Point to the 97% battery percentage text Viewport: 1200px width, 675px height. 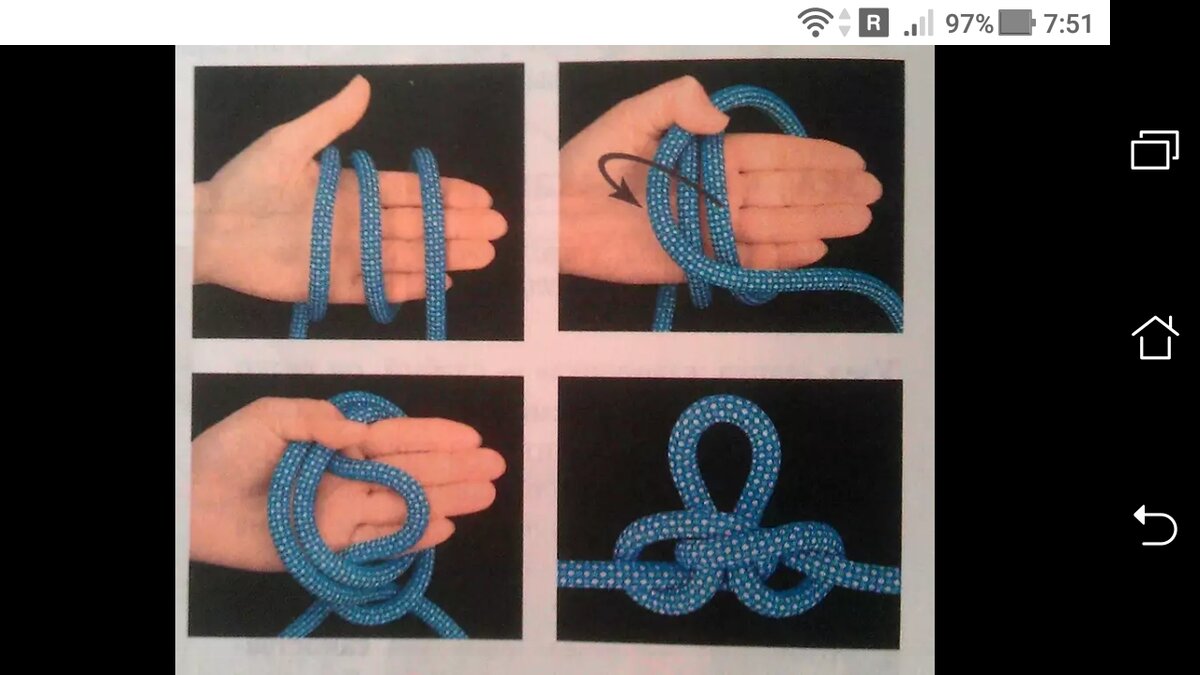coord(969,24)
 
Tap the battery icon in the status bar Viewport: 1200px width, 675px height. coord(1017,24)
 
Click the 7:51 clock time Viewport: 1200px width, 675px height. coord(1068,24)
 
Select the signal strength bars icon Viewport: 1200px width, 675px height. coord(918,24)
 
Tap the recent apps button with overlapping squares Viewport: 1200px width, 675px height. coord(1154,150)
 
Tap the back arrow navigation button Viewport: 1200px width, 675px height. coord(1155,525)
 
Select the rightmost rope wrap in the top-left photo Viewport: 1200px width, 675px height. coord(429,241)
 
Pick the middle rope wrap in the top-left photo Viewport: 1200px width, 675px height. coord(371,236)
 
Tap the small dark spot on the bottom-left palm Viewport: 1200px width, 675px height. coord(370,491)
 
